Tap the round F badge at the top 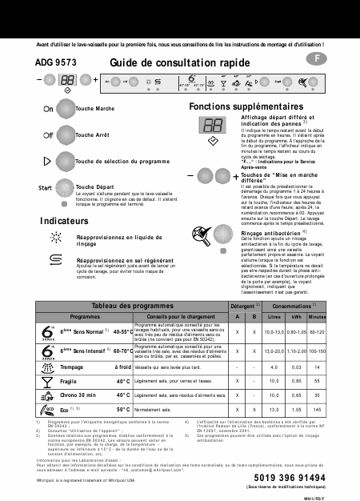318,60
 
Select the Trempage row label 74,367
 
